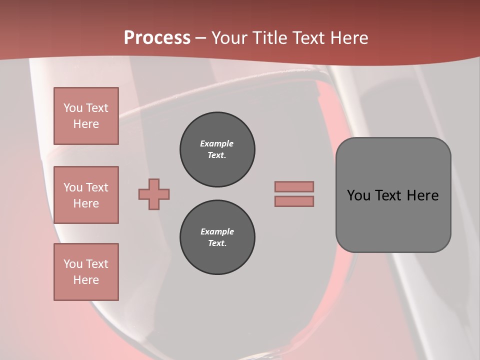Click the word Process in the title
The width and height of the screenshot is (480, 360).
pos(157,38)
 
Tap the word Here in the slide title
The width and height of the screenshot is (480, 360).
pos(348,38)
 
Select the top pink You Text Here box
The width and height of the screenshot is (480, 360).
pos(86,116)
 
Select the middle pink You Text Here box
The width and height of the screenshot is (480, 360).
pos(86,195)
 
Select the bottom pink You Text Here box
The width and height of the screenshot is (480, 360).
pos(86,272)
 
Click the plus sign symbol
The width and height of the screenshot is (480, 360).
pos(154,194)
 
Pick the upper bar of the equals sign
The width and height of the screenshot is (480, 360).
pos(294,186)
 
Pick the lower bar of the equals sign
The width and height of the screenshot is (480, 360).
pos(294,201)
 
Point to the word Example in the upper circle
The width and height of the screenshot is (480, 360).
pos(217,143)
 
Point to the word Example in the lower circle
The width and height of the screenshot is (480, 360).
pos(217,231)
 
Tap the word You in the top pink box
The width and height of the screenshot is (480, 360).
pos(72,108)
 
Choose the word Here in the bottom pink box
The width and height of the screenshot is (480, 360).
pos(86,280)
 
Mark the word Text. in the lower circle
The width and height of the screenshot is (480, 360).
pos(217,243)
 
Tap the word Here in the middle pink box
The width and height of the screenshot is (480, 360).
pos(86,203)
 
